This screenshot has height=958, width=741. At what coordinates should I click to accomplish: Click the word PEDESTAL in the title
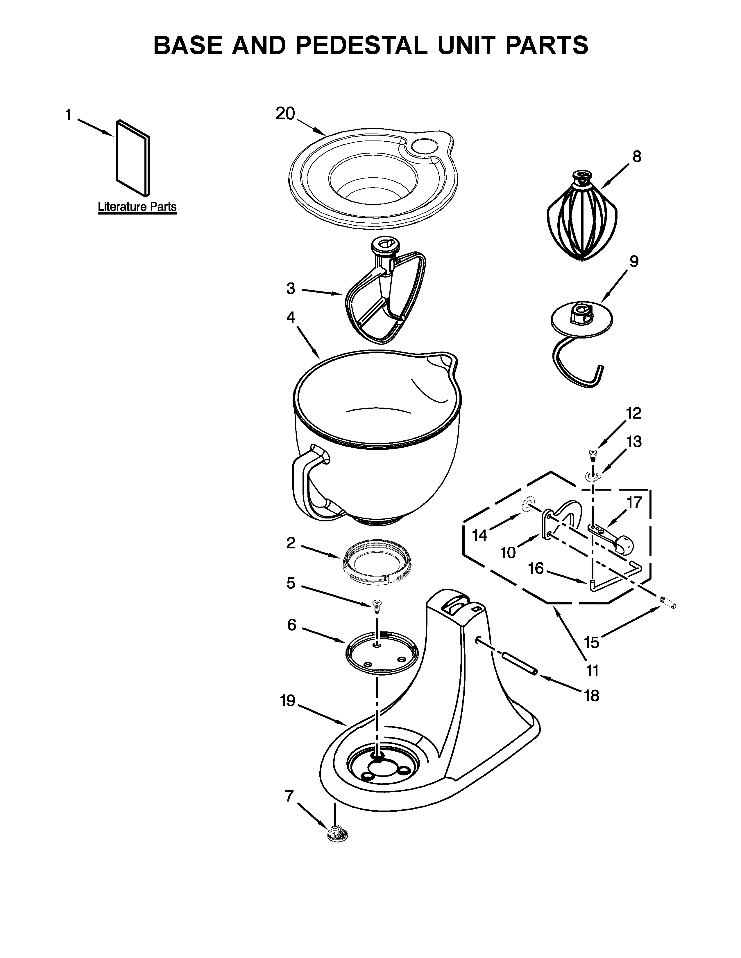point(361,45)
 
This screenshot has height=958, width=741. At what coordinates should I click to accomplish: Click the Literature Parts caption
point(137,207)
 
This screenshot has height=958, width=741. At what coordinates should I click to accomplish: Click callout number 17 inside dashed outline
point(634,502)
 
